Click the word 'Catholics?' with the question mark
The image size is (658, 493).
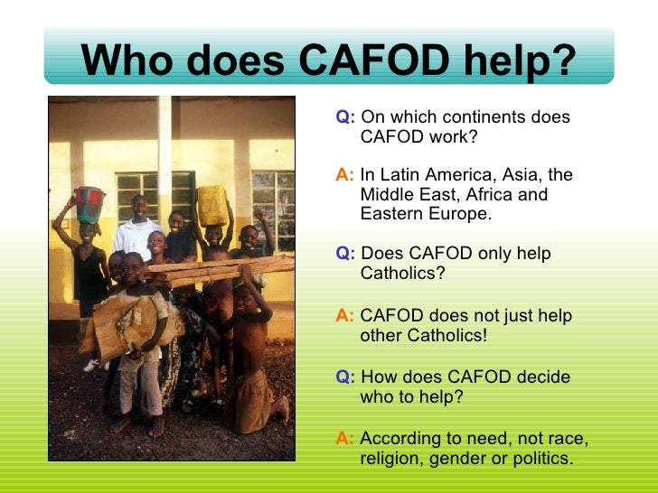[402, 274]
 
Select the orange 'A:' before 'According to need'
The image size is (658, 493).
[344, 439]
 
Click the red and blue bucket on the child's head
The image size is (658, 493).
[89, 204]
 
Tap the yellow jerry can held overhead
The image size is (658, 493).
[212, 205]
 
